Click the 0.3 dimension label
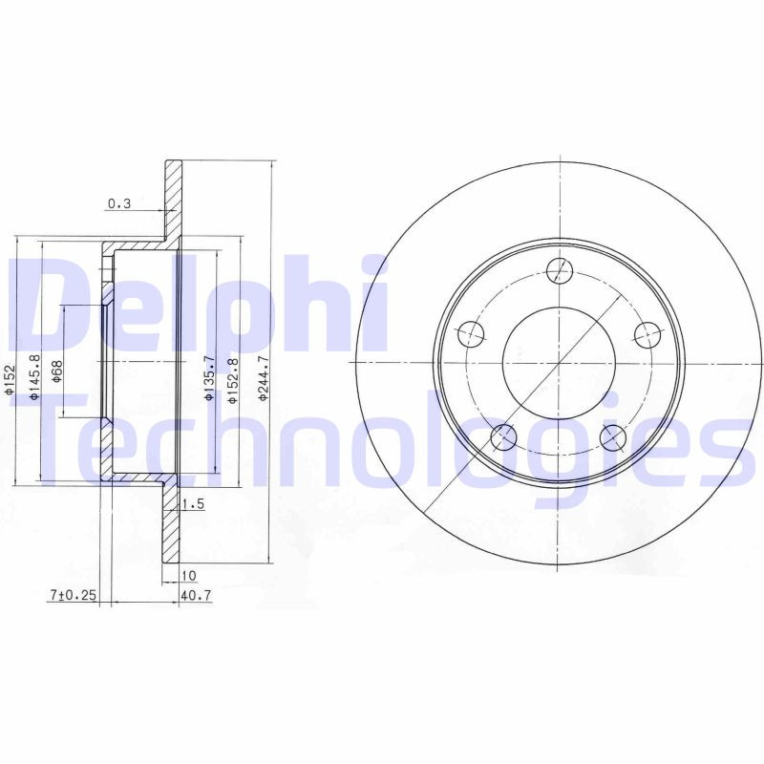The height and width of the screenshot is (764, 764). (119, 203)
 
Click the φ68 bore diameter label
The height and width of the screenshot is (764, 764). (57, 371)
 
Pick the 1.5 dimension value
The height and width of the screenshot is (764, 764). (193, 505)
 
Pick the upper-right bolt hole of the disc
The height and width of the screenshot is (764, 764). (648, 334)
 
